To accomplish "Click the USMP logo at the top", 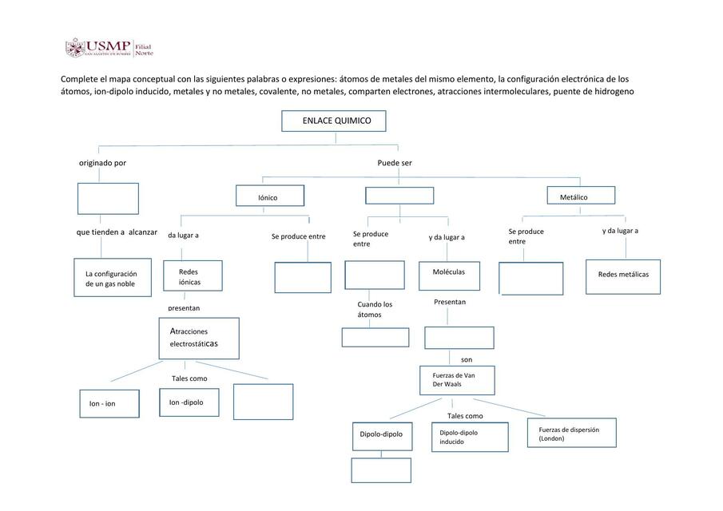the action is (x=109, y=47).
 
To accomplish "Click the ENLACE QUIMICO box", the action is (x=334, y=121).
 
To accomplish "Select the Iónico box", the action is (x=270, y=196).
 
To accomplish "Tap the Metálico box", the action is (x=581, y=195).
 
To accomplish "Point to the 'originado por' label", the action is (x=102, y=163).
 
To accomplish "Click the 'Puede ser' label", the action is (x=395, y=163).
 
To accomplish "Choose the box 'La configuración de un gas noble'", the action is (x=113, y=277).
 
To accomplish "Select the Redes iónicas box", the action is (x=193, y=275).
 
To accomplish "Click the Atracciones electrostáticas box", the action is (x=199, y=339).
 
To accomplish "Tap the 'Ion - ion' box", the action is (x=109, y=404).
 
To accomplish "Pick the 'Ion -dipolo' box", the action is (x=189, y=402).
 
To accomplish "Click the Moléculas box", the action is (x=449, y=276).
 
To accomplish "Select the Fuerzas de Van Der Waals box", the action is (x=457, y=381).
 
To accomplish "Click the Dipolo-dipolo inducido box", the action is (x=470, y=437).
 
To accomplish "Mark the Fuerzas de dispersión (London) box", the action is (x=572, y=433).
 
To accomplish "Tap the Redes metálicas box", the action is (x=623, y=276).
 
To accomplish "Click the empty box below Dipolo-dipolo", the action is (x=381, y=470).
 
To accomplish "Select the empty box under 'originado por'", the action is (x=108, y=199).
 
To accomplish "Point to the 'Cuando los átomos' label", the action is (x=375, y=309).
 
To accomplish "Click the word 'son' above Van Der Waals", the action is (x=467, y=359).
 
